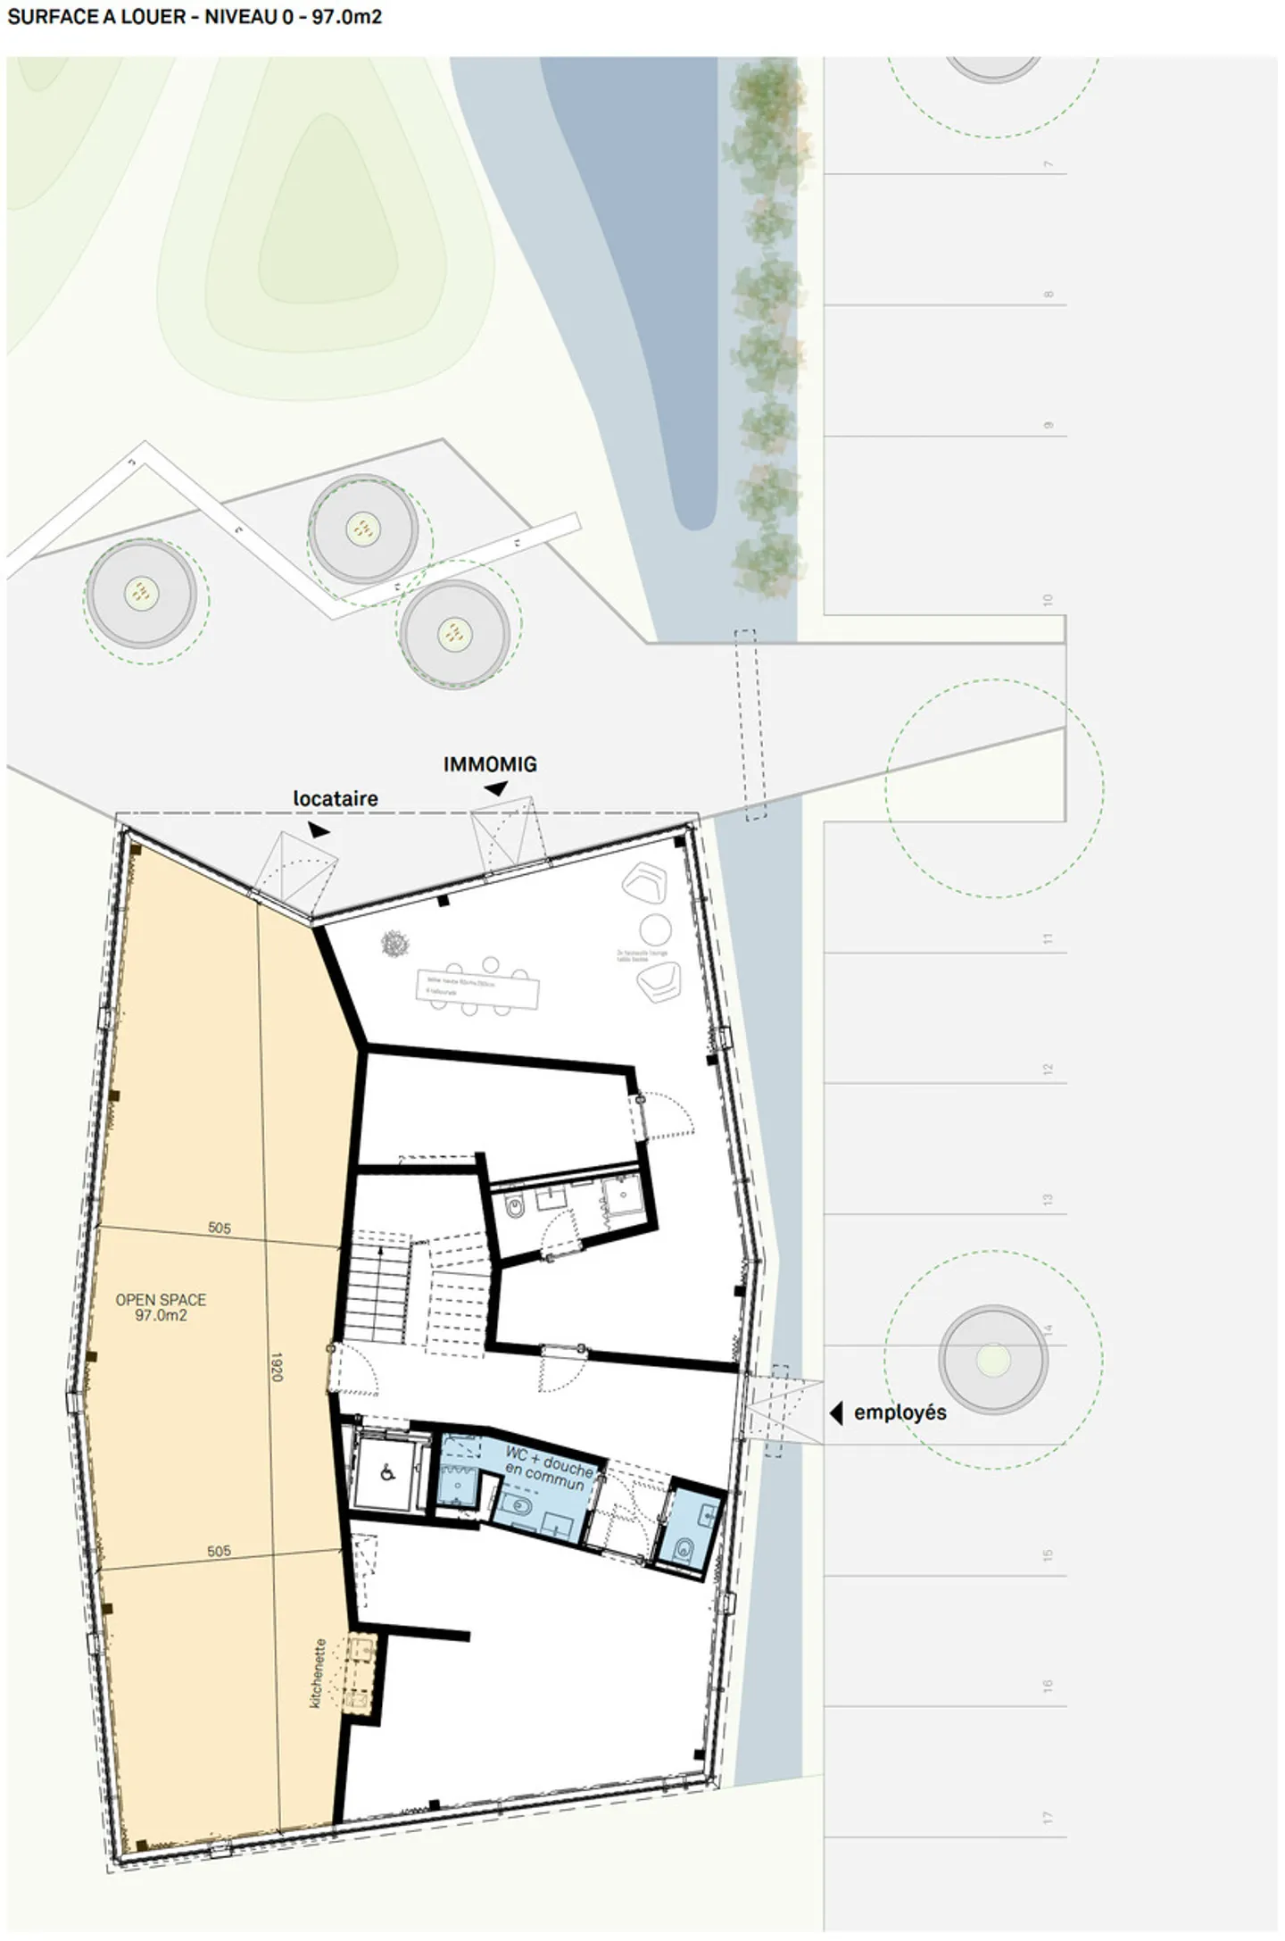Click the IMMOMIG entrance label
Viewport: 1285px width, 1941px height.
(490, 764)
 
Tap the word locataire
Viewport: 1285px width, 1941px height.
(336, 798)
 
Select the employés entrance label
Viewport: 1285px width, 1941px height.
(899, 1412)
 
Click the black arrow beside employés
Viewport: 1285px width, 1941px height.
(836, 1412)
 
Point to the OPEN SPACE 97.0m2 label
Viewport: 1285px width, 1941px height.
(161, 1307)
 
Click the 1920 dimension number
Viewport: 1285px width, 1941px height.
(277, 1367)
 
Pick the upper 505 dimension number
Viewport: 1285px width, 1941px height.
(220, 1229)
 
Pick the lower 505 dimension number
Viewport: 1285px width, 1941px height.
(220, 1551)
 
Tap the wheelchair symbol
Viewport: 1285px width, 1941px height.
(388, 1473)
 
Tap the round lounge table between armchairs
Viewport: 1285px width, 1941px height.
(656, 929)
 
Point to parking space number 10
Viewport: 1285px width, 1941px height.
(1049, 599)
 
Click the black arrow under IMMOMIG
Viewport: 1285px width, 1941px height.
(496, 788)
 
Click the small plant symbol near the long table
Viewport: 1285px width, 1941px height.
(394, 943)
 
